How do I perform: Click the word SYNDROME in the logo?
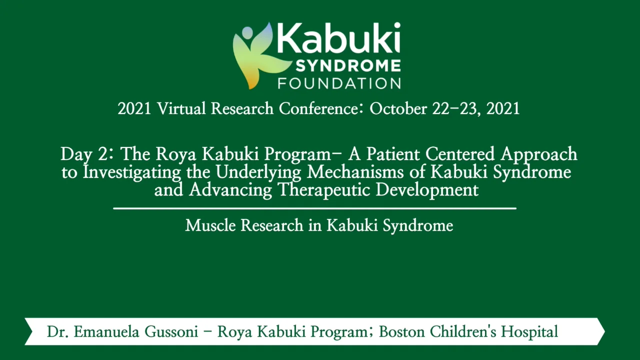point(339,65)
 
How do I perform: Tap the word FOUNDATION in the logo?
point(339,82)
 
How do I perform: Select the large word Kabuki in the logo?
point(339,39)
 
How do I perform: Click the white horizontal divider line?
point(314,208)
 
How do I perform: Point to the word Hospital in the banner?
point(529,331)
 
